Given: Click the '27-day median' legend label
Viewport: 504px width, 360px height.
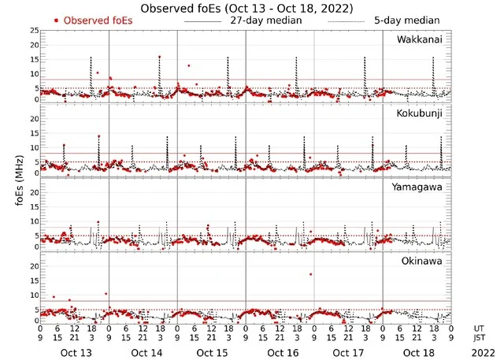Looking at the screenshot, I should pyautogui.click(x=265, y=20).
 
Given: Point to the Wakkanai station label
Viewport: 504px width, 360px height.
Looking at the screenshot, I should pyautogui.click(x=423, y=39).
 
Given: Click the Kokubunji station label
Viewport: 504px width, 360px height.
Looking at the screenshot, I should pyautogui.click(x=423, y=113).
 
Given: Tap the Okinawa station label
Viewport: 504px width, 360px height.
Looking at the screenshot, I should pyautogui.click(x=424, y=259).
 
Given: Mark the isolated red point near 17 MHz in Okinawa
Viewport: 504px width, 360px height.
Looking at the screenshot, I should pyautogui.click(x=312, y=274).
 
